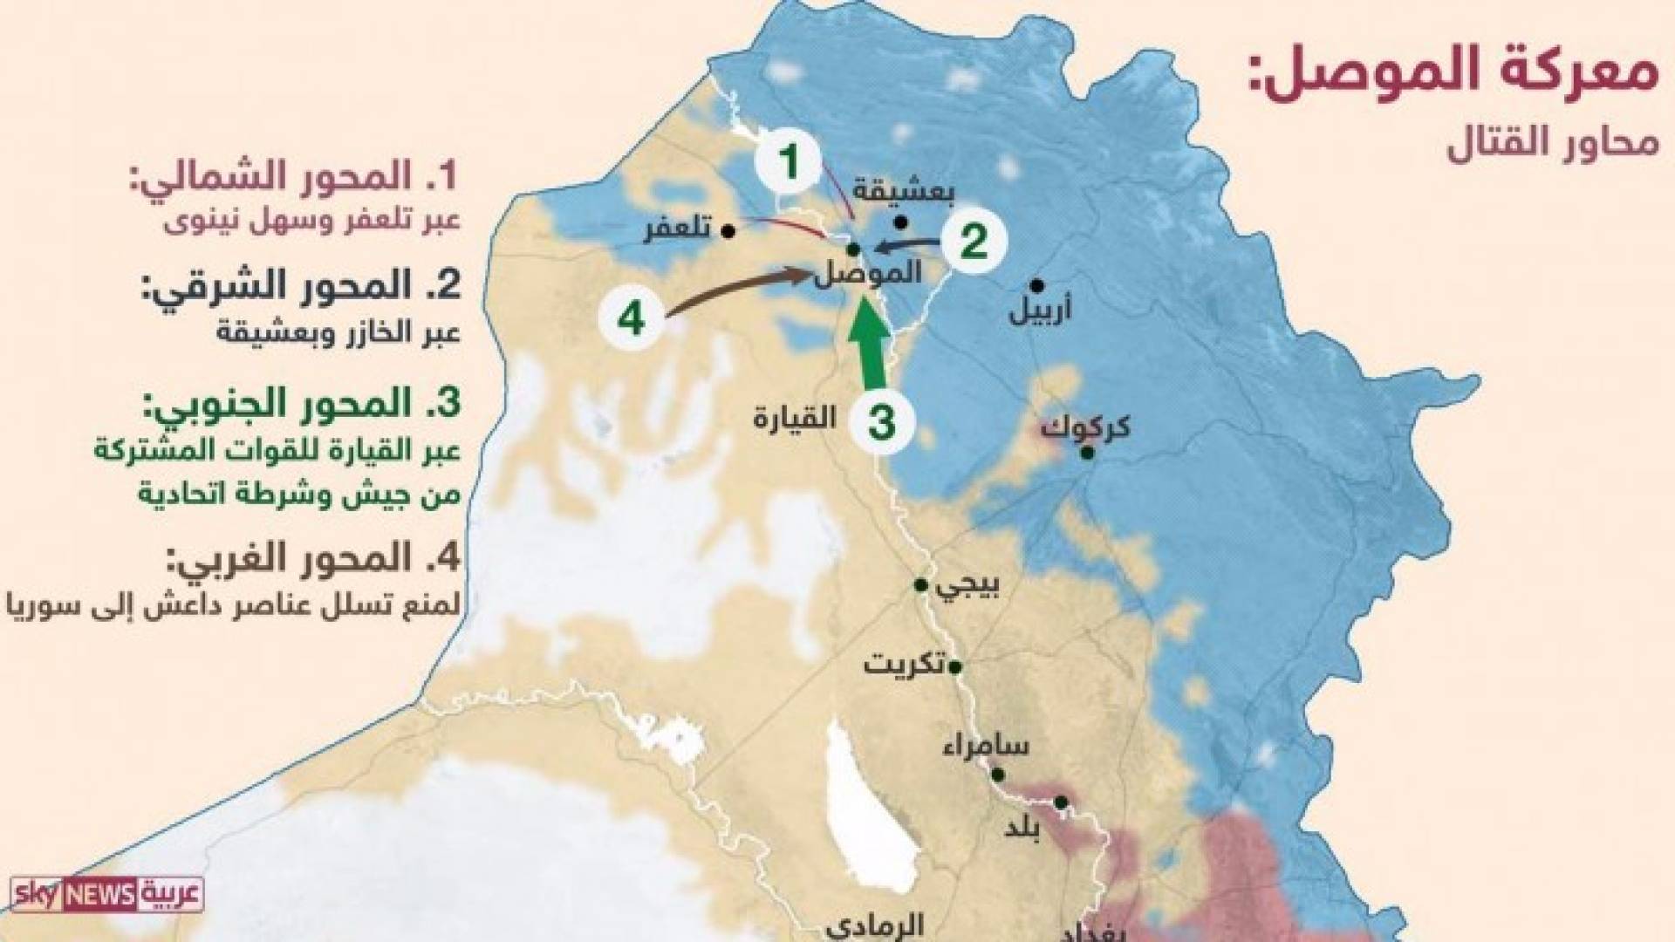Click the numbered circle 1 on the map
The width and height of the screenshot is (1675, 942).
click(790, 162)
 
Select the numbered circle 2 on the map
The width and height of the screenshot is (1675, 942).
click(973, 241)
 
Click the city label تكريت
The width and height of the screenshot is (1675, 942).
click(903, 666)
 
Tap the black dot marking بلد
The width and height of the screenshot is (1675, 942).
click(1061, 802)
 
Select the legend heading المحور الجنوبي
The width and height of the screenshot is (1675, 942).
click(302, 404)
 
